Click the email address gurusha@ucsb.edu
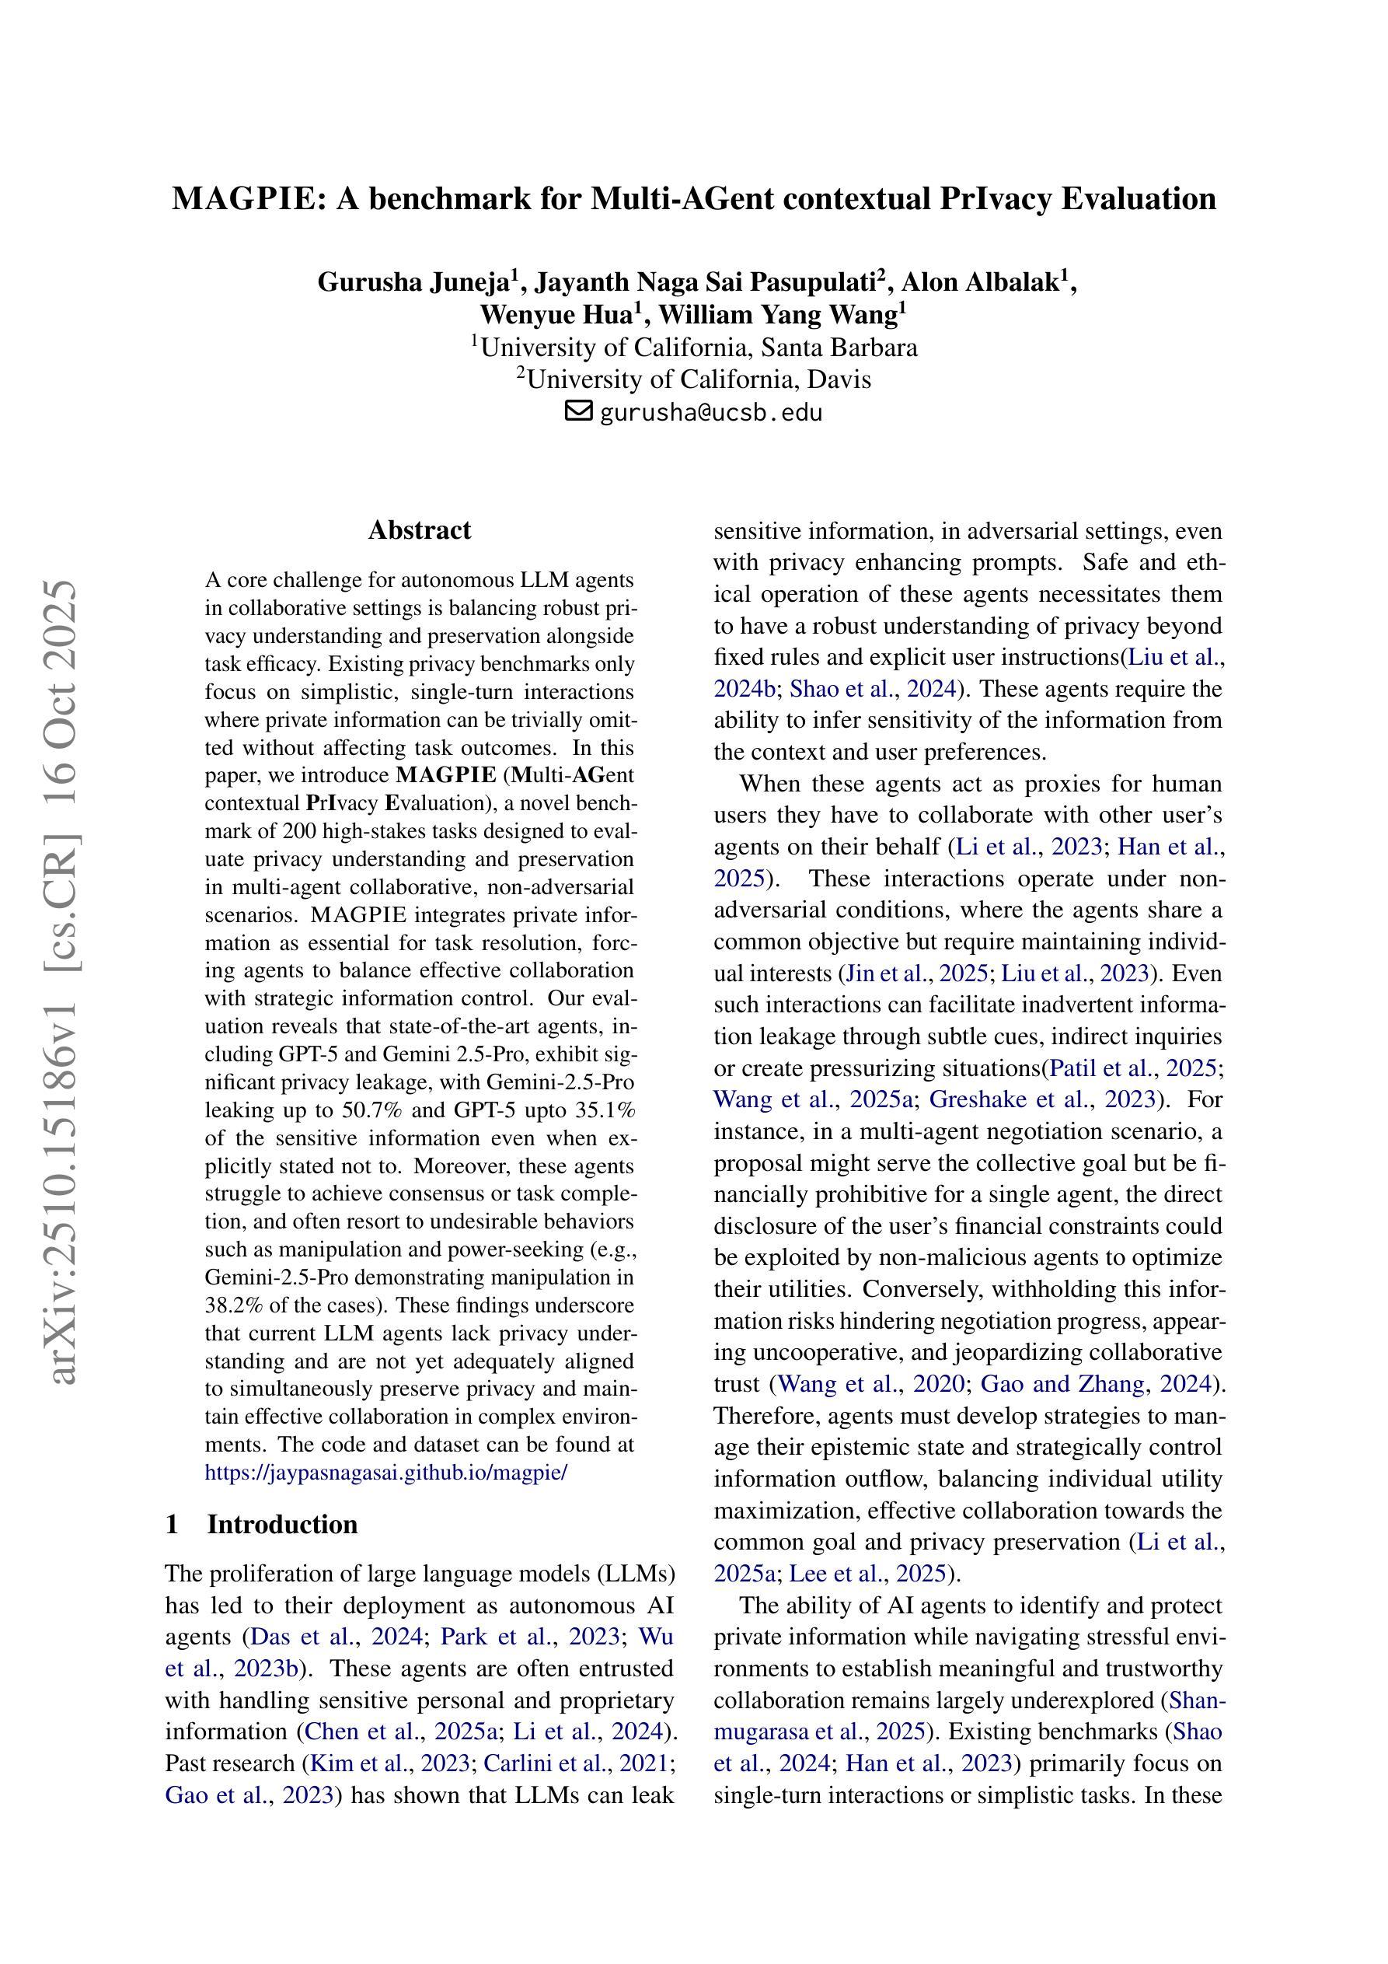coord(710,412)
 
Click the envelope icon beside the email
coord(579,411)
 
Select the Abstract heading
coord(419,530)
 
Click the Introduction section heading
coord(281,1525)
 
